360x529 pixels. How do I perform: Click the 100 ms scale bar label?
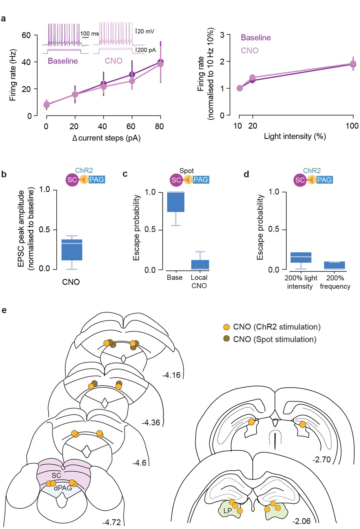click(89, 34)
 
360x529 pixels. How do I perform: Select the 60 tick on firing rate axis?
click(26, 35)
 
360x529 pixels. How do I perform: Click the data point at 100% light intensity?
click(353, 64)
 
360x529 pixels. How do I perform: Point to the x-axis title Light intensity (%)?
click(295, 136)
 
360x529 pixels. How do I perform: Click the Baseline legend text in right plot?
click(256, 38)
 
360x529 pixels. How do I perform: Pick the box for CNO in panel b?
click(72, 250)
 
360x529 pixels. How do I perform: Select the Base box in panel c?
click(176, 202)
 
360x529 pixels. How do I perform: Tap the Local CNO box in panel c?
click(200, 265)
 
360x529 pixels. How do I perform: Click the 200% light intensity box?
click(301, 257)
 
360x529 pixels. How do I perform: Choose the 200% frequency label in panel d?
click(335, 282)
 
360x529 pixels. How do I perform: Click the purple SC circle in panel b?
click(72, 180)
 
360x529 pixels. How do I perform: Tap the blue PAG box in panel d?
click(324, 180)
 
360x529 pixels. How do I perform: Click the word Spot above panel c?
click(186, 171)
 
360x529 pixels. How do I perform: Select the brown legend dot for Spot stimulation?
click(227, 339)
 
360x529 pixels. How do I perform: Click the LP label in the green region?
click(227, 511)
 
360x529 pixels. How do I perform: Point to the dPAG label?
click(63, 488)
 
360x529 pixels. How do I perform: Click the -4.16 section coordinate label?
click(171, 375)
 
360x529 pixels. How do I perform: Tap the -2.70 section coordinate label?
click(321, 459)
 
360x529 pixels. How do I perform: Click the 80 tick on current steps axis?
click(159, 126)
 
